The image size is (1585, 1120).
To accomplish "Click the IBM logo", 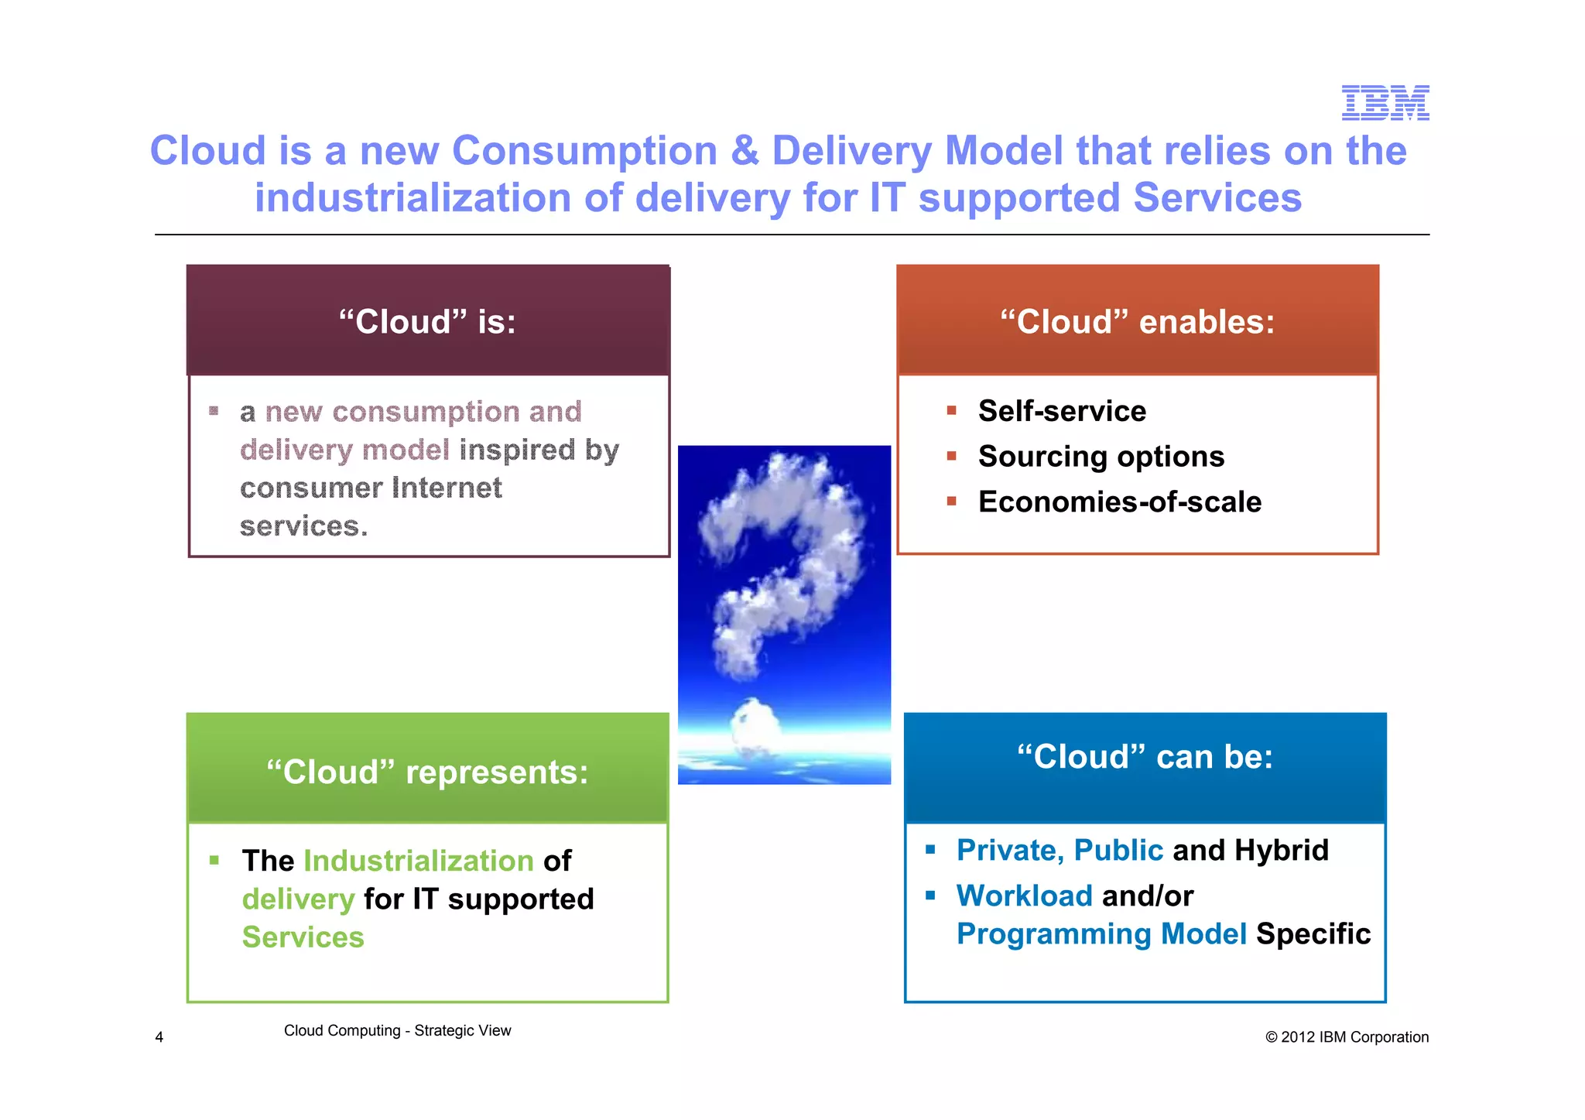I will [1385, 103].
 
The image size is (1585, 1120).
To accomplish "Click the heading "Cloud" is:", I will [427, 321].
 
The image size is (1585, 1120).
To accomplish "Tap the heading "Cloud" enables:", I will [1137, 321].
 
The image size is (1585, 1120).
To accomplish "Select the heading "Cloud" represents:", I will [427, 772].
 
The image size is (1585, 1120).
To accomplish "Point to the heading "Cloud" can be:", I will [1145, 756].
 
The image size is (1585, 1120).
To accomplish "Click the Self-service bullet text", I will [1062, 411].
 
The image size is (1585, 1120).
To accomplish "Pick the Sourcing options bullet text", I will [1101, 457].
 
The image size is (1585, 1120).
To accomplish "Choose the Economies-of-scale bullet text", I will [1119, 502].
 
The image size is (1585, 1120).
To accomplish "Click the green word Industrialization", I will [418, 861].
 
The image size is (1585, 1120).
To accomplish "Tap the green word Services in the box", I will [303, 937].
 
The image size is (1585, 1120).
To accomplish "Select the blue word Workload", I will [1024, 896].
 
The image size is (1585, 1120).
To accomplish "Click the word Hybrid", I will [1281, 850].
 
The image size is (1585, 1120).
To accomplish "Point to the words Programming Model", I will [1101, 934].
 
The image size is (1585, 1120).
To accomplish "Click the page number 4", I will [159, 1037].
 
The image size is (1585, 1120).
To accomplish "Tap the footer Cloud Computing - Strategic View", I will [397, 1031].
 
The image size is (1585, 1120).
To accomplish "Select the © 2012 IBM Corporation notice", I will [1347, 1037].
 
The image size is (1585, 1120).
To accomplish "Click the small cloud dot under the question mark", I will [755, 721].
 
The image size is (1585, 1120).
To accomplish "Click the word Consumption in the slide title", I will [584, 150].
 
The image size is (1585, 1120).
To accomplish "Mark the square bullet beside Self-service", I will [952, 411].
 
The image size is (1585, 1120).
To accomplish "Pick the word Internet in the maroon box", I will [447, 488].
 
